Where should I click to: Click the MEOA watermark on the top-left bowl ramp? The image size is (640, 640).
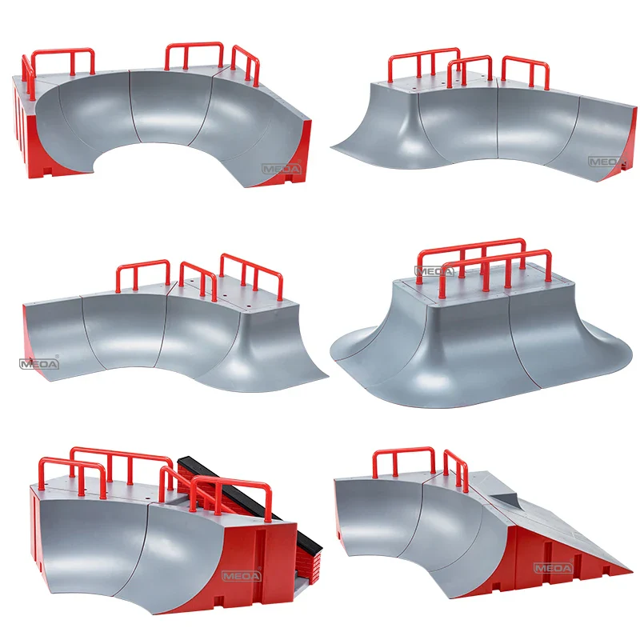282,169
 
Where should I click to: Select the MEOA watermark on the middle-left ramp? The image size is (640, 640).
39,363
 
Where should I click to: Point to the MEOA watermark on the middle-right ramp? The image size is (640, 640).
434,271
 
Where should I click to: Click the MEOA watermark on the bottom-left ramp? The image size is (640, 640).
242,576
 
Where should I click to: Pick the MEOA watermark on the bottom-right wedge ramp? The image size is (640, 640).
554,568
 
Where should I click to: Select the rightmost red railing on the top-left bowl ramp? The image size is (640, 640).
246,66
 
